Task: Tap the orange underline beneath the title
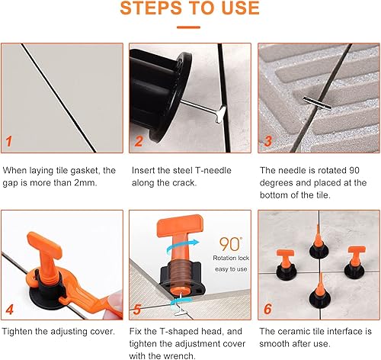point(188,27)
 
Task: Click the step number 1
point(9,141)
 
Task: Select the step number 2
point(139,141)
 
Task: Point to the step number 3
point(268,141)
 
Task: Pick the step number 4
point(9,310)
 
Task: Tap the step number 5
point(137,310)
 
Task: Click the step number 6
point(267,309)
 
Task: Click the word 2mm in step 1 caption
point(85,183)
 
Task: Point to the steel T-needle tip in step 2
point(221,114)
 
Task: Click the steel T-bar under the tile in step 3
point(317,103)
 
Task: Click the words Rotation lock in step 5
point(231,258)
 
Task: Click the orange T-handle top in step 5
point(180,226)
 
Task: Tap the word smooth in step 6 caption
point(275,344)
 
